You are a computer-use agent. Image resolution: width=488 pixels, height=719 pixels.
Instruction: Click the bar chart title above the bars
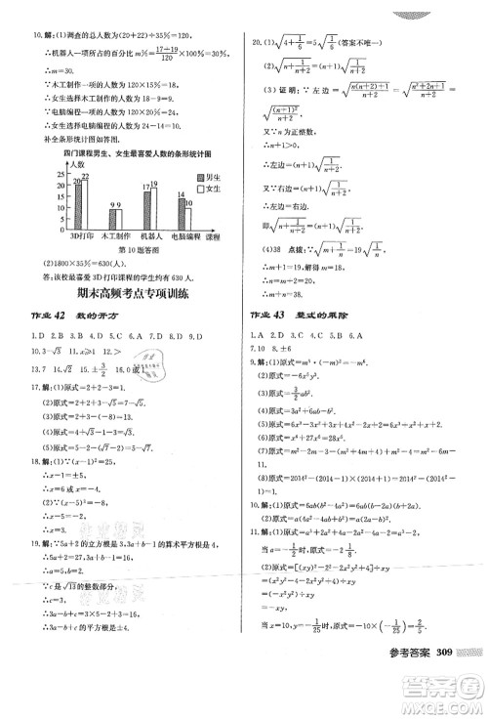(x=126, y=154)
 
